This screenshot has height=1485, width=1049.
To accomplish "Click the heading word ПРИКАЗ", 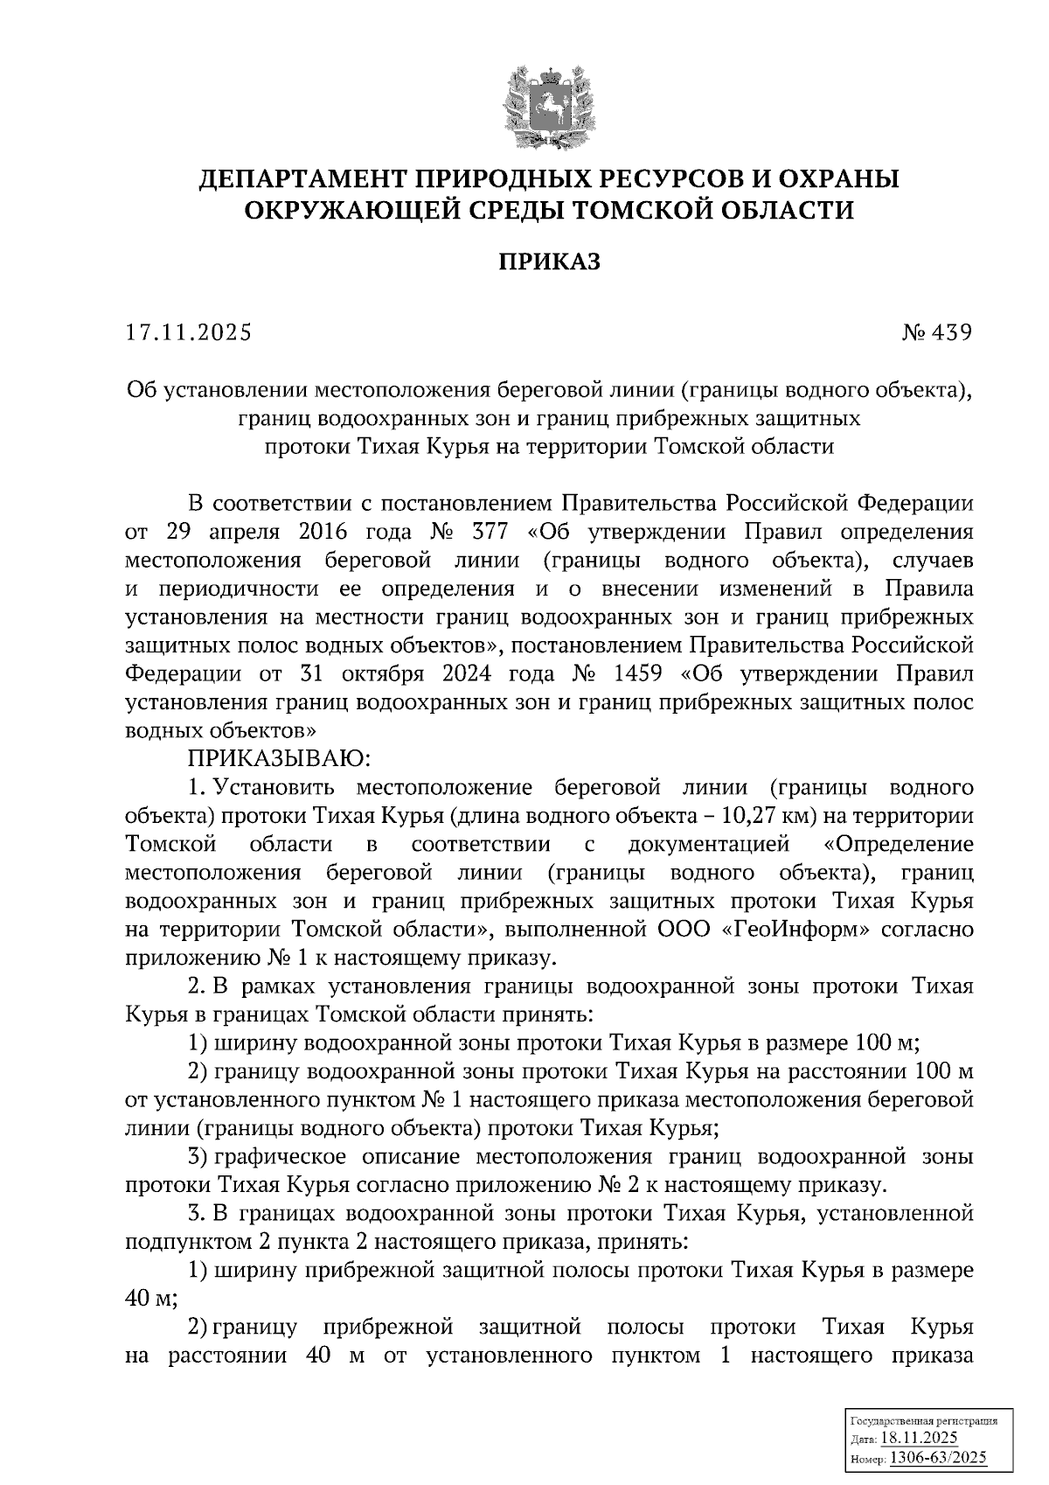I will (549, 261).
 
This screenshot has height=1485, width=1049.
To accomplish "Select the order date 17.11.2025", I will (187, 332).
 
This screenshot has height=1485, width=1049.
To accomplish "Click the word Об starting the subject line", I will (140, 389).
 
